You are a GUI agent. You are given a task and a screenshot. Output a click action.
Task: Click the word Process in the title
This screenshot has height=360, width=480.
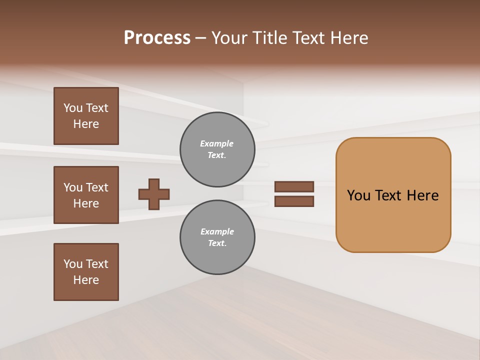[157, 38]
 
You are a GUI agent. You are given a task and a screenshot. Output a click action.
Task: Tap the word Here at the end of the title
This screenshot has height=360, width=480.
[349, 38]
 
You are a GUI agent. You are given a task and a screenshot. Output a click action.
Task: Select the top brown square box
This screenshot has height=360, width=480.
[86, 116]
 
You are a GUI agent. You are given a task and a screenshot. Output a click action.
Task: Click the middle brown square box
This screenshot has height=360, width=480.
[86, 195]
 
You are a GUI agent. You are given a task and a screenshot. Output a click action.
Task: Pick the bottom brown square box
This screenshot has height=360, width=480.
[86, 272]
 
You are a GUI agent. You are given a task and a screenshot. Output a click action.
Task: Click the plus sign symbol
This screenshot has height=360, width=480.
[154, 194]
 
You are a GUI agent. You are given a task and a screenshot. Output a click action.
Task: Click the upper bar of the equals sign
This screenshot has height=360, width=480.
[294, 186]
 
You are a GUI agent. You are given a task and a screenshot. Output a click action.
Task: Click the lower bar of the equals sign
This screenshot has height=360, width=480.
[294, 201]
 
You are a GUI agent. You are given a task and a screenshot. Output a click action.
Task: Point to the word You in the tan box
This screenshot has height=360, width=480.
[358, 195]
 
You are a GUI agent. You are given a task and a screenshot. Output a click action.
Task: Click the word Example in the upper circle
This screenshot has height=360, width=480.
[217, 143]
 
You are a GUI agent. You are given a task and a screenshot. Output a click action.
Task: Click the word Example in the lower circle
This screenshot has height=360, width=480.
[217, 231]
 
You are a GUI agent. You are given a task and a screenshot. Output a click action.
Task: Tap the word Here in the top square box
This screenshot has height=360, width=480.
[86, 124]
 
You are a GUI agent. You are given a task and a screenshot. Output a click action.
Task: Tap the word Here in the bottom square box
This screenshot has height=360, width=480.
[86, 280]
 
